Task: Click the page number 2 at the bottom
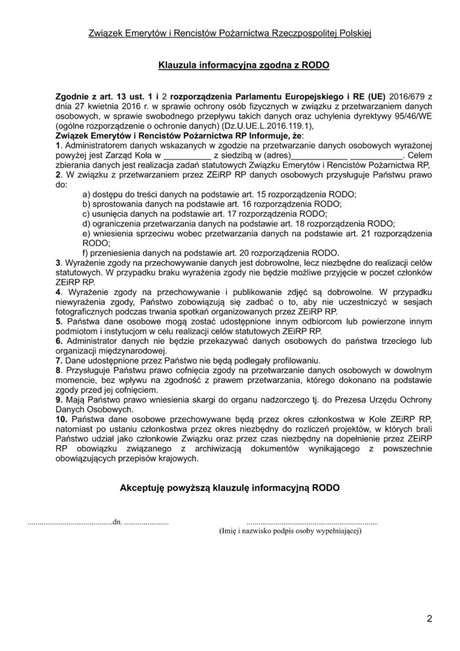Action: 430,617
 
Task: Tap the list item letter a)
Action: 88,193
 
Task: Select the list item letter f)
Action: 88,251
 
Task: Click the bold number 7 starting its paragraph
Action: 58,359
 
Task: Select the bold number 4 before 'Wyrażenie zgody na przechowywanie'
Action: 58,291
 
